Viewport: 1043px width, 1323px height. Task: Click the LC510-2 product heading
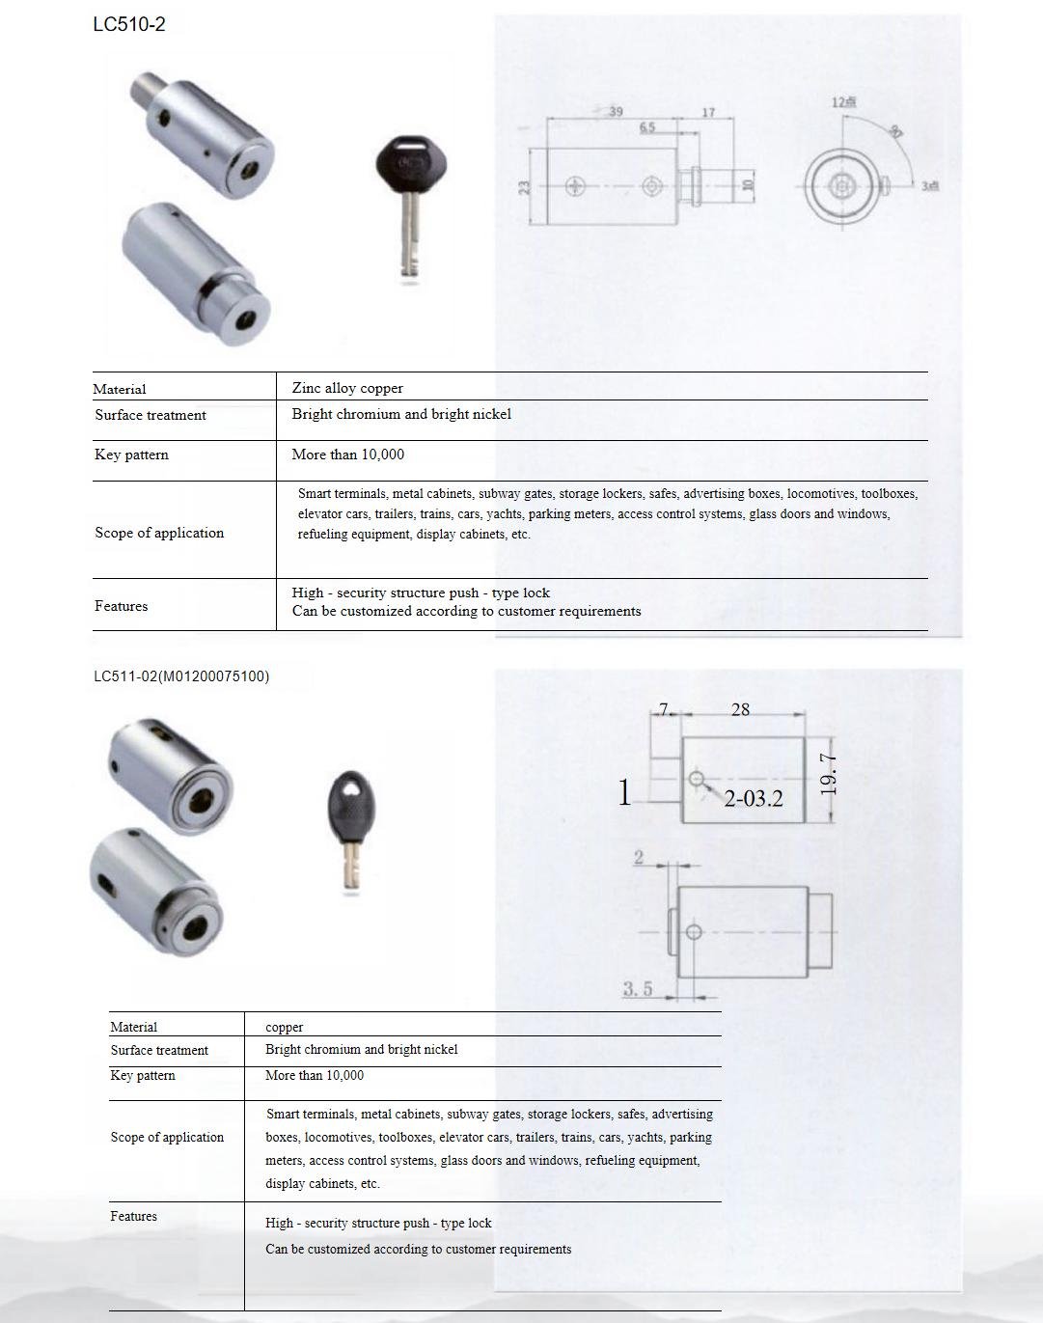(x=128, y=25)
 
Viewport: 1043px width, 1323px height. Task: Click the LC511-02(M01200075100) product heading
(x=181, y=676)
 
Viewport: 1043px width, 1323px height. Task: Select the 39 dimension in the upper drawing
(x=616, y=112)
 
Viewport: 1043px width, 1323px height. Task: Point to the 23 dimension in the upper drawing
(x=525, y=186)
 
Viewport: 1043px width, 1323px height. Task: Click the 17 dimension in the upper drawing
(x=708, y=113)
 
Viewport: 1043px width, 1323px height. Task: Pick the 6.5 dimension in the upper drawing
(x=646, y=127)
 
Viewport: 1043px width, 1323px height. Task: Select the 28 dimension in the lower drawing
(x=740, y=709)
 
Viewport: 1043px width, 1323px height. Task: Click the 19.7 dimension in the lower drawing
(x=828, y=774)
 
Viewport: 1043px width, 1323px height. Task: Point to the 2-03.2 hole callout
(x=753, y=798)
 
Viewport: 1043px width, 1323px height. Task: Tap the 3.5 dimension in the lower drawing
(x=637, y=988)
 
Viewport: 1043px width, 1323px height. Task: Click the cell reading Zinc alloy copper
(x=347, y=388)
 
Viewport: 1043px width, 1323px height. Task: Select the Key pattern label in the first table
(x=131, y=455)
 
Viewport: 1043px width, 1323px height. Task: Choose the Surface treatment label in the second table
(x=159, y=1050)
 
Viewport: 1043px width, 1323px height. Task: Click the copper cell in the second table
(x=285, y=1027)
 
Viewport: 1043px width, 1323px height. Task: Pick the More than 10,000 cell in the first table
(x=347, y=455)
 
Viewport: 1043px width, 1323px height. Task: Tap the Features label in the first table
(x=122, y=606)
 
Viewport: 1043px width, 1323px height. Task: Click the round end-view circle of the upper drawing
(x=842, y=185)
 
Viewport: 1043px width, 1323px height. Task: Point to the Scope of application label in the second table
(x=167, y=1137)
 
